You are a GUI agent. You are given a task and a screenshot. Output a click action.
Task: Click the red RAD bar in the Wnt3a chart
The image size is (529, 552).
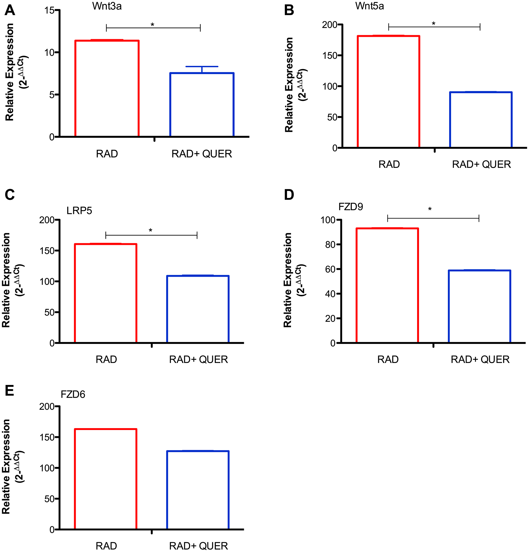coord(107,88)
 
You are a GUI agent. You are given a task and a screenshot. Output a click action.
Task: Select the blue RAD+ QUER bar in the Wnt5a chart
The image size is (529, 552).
coord(481,119)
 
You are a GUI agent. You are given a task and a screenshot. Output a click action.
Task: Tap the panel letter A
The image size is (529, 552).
coord(10,11)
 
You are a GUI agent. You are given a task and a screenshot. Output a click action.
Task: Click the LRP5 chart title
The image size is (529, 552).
coord(79,211)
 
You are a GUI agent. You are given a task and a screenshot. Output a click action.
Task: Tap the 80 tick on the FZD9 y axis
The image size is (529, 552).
coord(330,244)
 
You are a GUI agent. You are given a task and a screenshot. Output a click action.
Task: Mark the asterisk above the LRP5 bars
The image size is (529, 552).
coord(151,231)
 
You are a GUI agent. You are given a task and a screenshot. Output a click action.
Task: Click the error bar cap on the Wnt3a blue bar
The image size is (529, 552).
coord(202,67)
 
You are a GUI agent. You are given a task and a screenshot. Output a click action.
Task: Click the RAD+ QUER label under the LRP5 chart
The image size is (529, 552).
coord(198,360)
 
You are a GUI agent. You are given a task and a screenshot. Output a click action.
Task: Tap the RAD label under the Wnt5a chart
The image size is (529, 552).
coord(389,164)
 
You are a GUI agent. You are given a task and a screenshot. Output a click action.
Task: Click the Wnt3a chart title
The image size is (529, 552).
coord(107,6)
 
